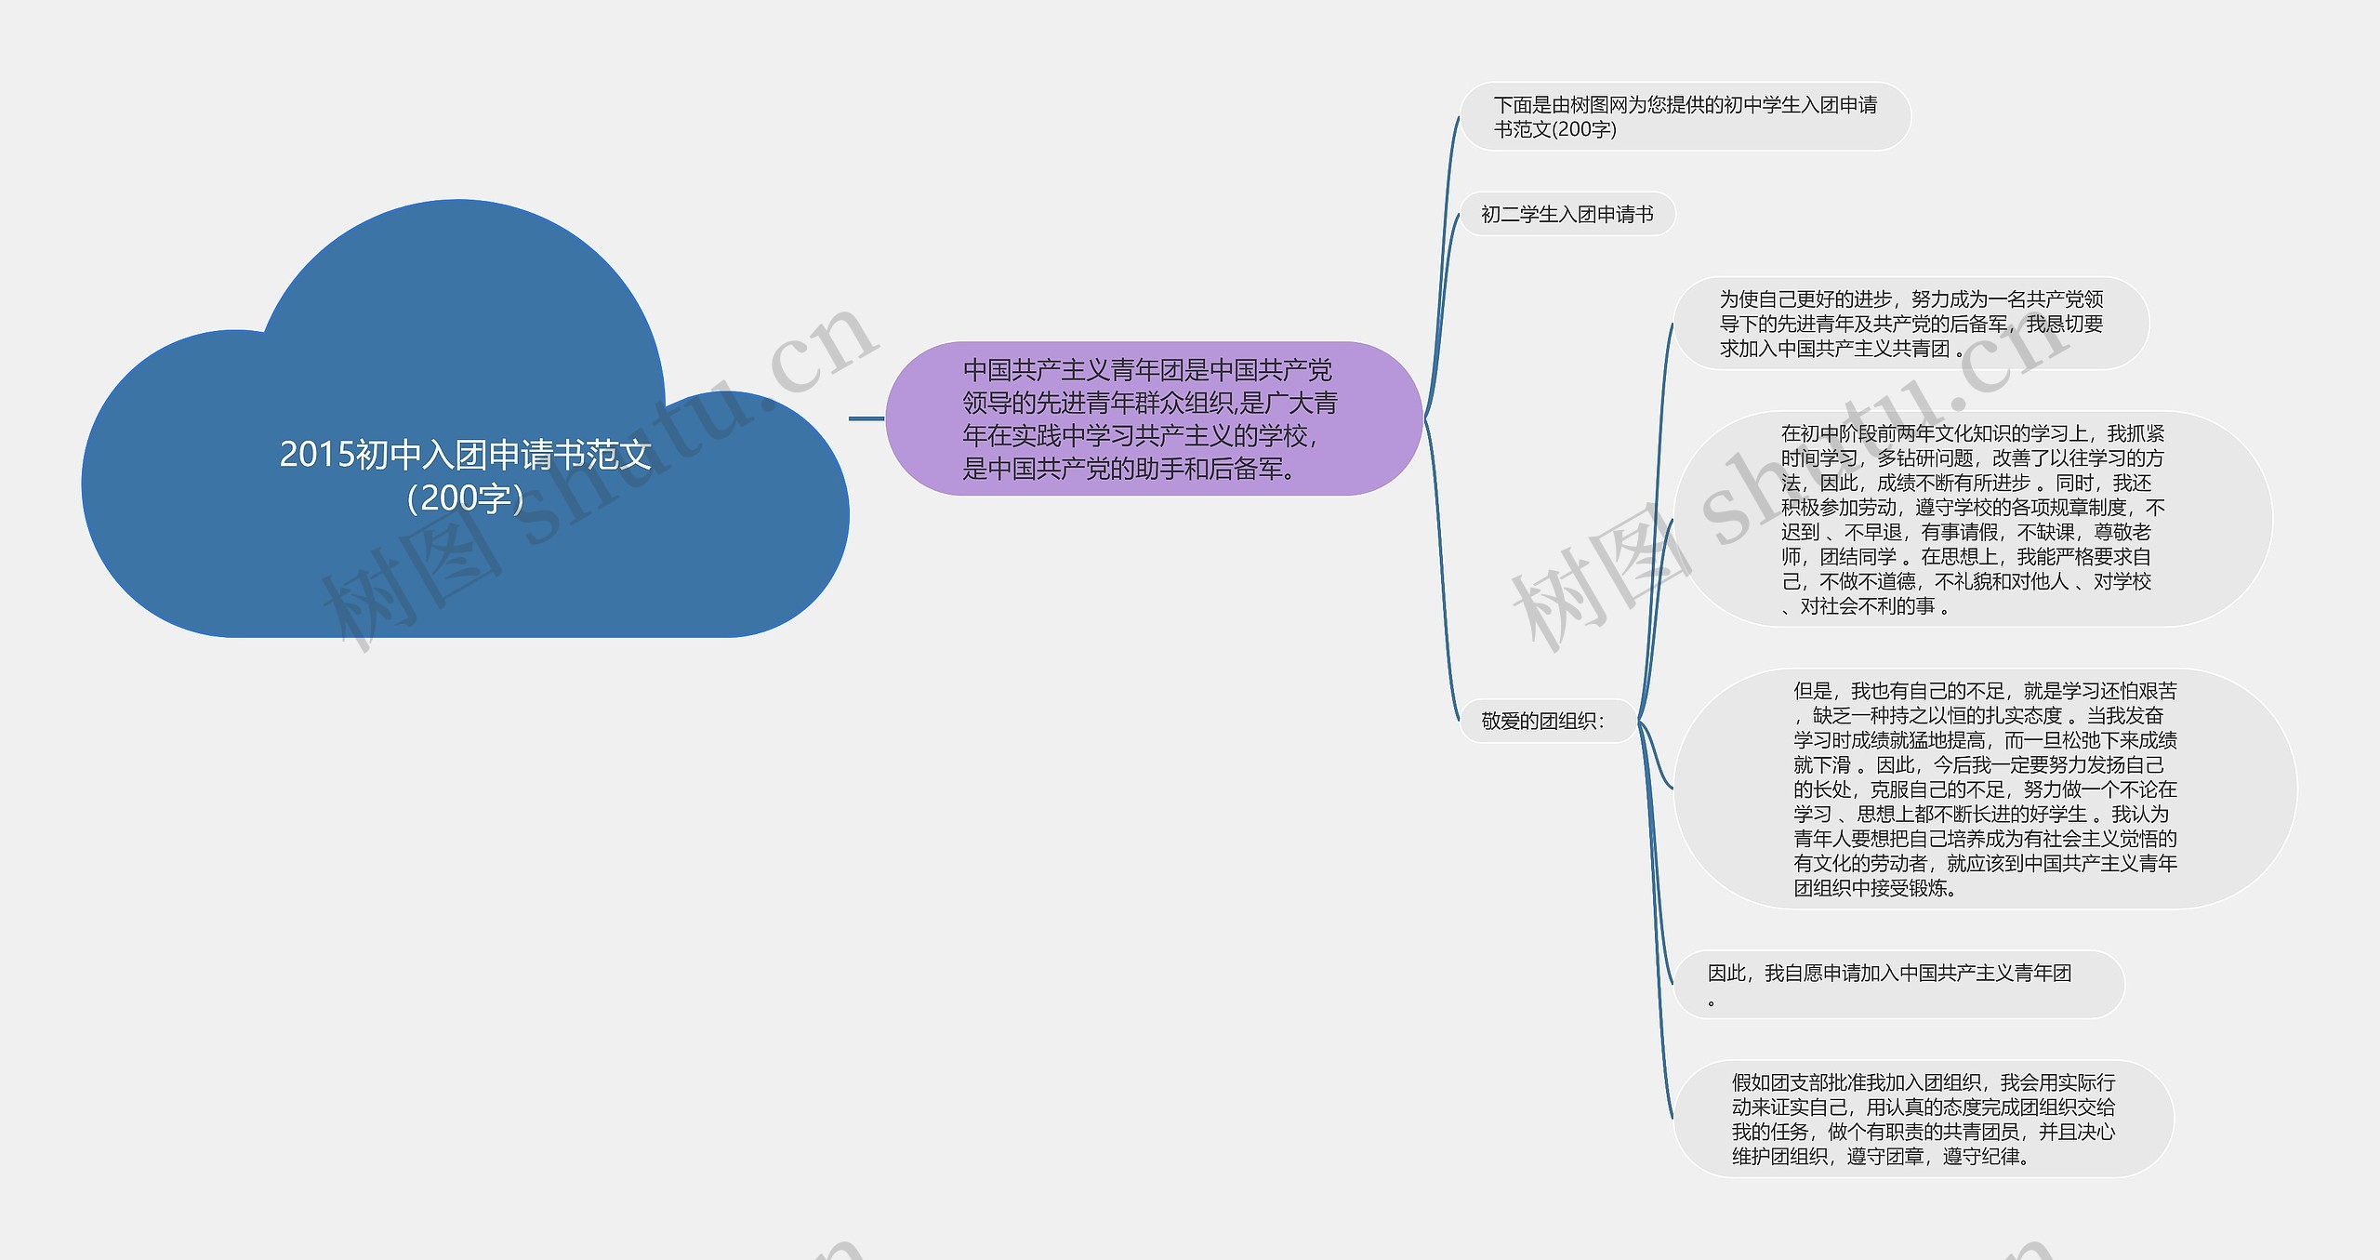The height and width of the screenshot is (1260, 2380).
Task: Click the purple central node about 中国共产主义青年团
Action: (1153, 418)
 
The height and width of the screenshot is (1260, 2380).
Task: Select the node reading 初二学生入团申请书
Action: (1567, 215)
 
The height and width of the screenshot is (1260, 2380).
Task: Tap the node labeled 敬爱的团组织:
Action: (1543, 721)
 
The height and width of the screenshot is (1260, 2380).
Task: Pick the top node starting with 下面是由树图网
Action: (1685, 116)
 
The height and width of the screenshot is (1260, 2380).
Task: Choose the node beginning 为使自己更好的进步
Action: (1911, 324)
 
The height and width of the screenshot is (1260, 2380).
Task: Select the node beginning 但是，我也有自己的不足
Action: (1985, 789)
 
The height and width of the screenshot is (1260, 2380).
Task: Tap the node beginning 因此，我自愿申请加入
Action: (1897, 984)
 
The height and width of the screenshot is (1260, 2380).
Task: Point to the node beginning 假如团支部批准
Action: (1923, 1119)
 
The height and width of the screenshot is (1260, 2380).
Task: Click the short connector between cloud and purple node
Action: (866, 418)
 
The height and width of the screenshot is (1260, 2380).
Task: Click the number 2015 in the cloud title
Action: (317, 455)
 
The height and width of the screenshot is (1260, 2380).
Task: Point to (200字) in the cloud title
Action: (465, 498)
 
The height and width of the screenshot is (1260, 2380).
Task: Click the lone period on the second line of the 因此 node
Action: (1712, 1001)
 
